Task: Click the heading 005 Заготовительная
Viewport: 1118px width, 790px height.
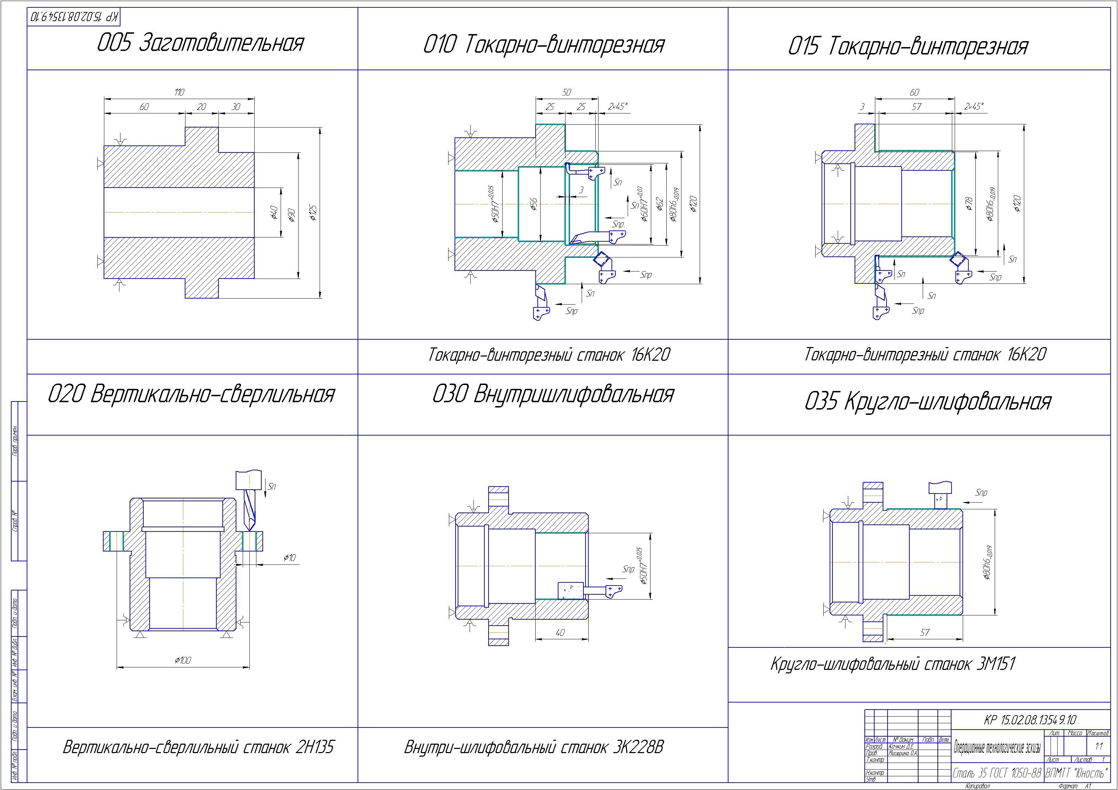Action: coord(200,43)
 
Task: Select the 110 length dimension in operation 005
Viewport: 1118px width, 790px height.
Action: coord(179,92)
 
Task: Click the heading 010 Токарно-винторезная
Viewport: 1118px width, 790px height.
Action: coord(543,45)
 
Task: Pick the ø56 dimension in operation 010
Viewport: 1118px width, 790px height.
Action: coord(534,204)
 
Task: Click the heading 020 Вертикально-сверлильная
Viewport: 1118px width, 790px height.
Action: coord(191,394)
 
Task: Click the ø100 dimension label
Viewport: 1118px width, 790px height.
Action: coord(183,660)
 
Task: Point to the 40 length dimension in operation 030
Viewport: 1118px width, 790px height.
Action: coord(560,633)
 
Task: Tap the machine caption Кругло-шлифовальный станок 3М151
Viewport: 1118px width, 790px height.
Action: coord(893,664)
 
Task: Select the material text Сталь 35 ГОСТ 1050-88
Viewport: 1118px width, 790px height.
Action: coord(997,773)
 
